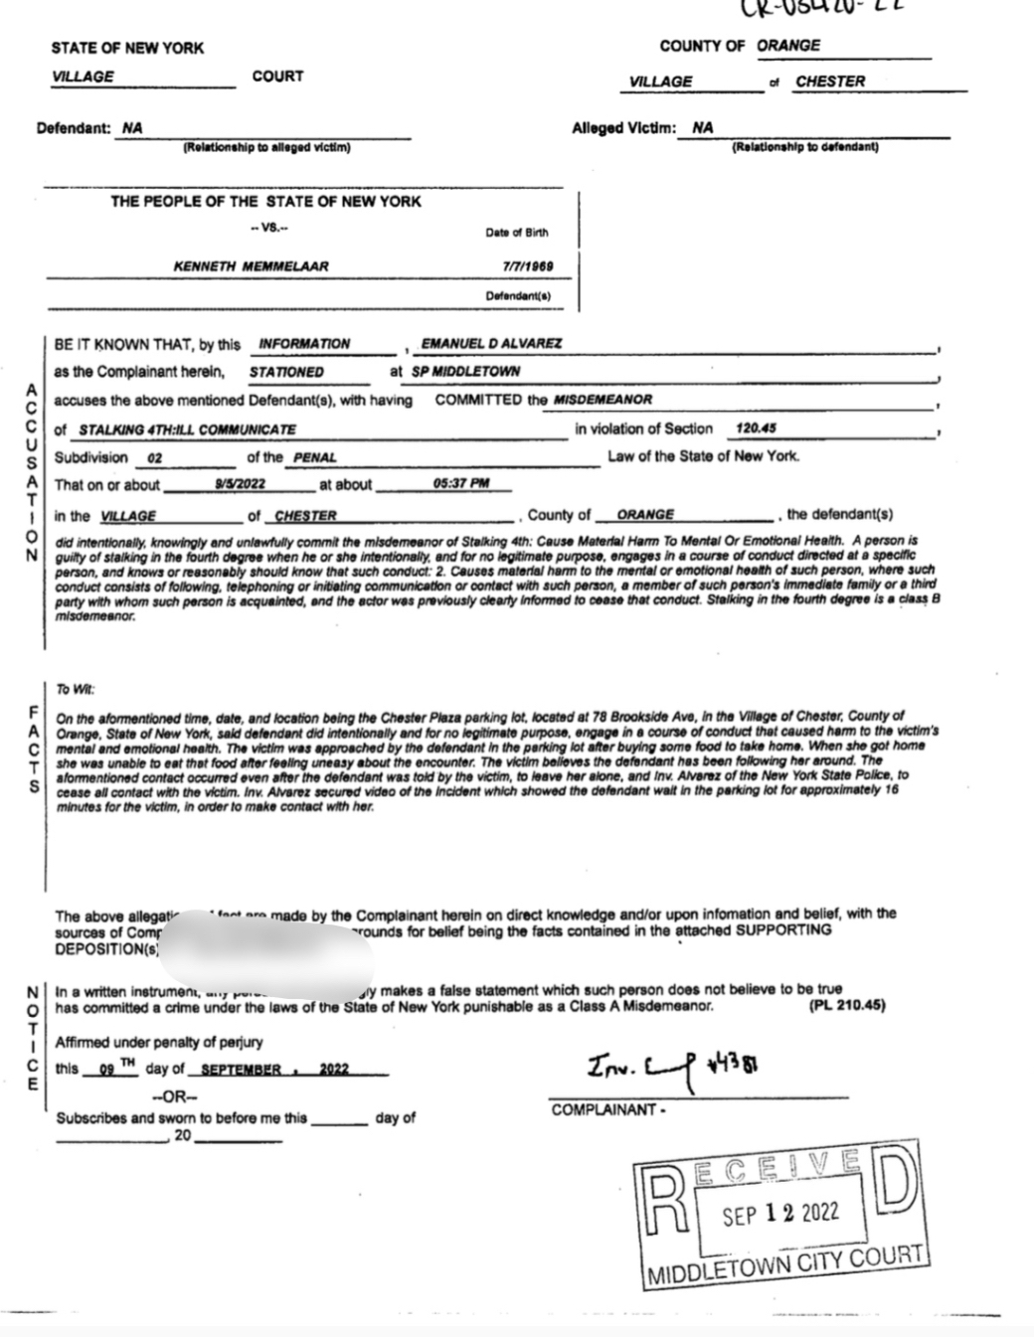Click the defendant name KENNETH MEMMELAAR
[251, 266]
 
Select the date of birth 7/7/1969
[529, 266]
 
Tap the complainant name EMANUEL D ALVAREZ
[491, 343]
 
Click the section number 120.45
[756, 428]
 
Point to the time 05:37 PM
[461, 484]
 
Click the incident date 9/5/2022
[240, 484]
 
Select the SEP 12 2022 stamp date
[780, 1214]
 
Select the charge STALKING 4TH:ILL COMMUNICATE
[187, 429]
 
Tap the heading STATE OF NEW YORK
[127, 48]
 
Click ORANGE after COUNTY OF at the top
[788, 46]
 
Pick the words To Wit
[76, 689]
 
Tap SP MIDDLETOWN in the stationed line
[465, 371]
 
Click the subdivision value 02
[154, 458]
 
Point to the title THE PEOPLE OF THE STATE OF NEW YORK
[265, 202]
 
